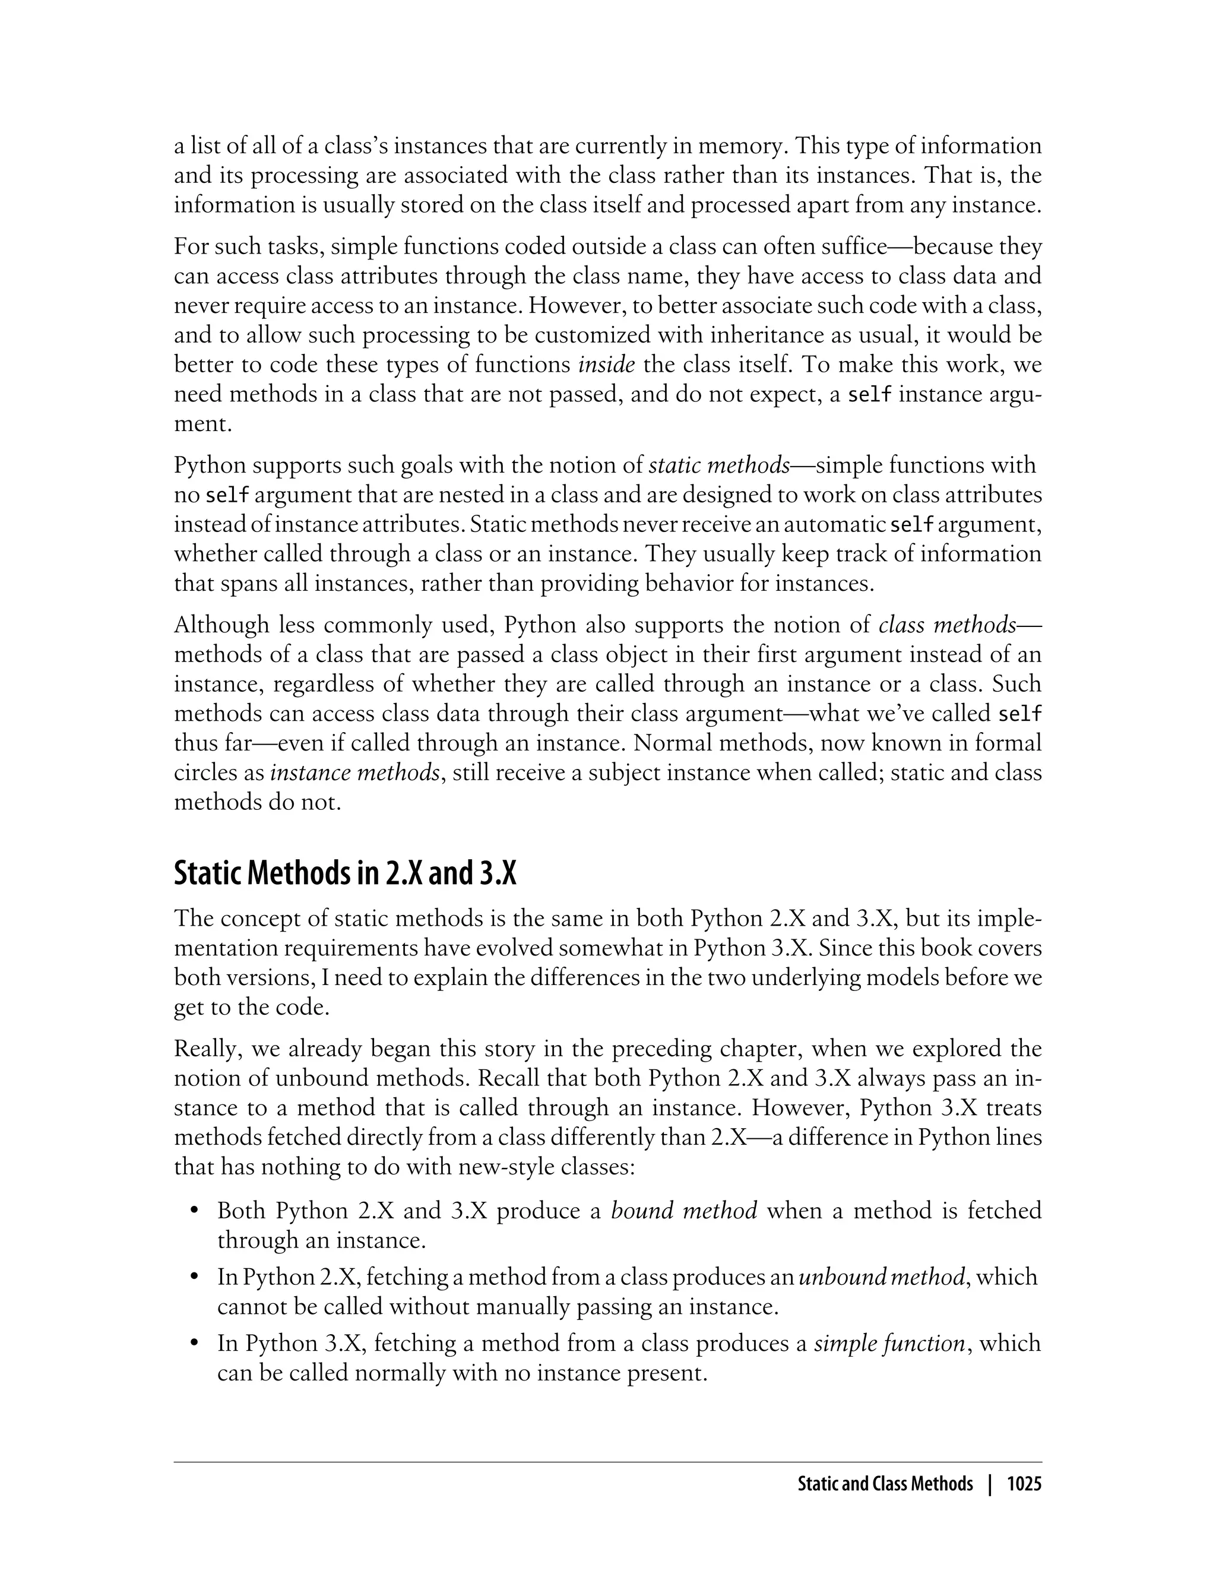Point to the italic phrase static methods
(x=719, y=465)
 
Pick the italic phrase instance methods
(x=354, y=773)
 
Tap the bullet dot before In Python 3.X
(x=194, y=1344)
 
